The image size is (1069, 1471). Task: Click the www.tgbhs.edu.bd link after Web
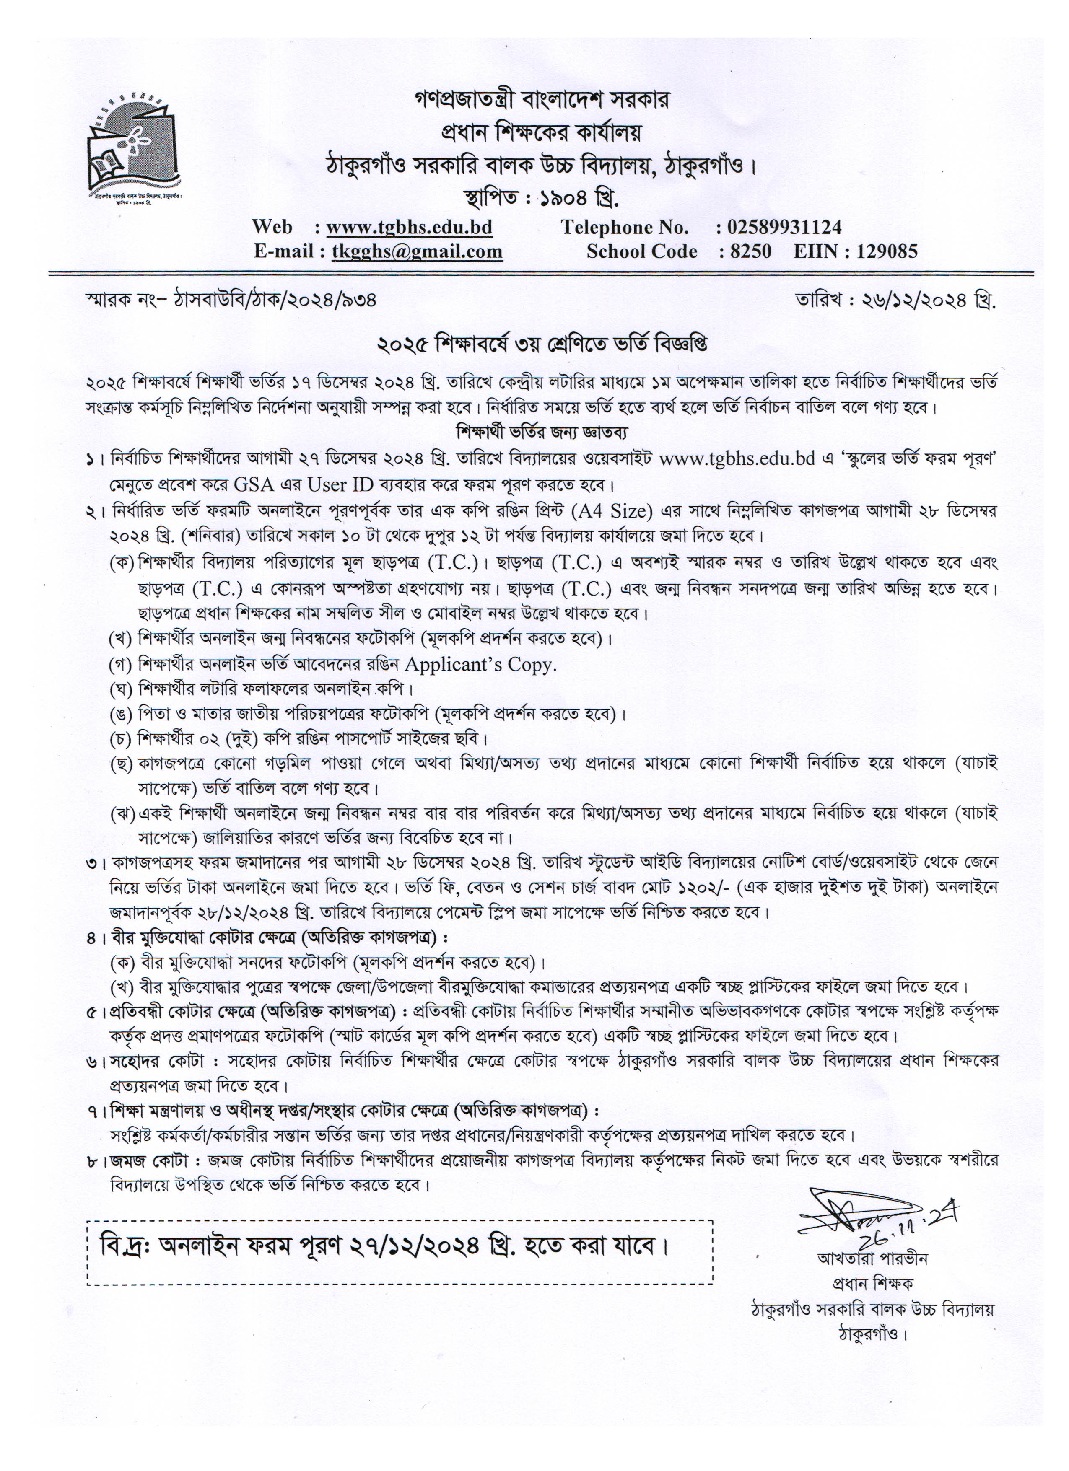[x=409, y=227]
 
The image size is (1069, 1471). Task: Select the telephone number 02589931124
[x=784, y=227]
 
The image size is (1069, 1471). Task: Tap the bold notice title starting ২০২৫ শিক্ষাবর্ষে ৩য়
[x=542, y=344]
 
